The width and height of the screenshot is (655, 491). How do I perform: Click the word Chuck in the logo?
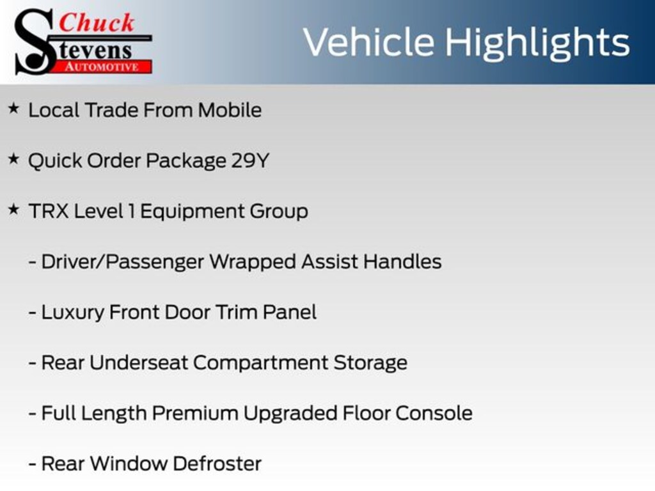[97, 23]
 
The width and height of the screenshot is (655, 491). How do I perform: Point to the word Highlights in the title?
[537, 43]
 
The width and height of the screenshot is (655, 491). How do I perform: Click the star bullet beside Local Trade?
[13, 109]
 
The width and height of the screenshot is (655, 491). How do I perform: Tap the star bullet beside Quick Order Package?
[13, 159]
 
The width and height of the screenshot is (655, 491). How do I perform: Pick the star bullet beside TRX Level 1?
[13, 210]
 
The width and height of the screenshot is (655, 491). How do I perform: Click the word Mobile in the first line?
[230, 110]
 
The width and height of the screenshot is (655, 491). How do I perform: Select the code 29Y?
[250, 160]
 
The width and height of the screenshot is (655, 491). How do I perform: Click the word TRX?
[49, 211]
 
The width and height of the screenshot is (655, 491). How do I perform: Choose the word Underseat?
[139, 362]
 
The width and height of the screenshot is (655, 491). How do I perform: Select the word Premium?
[195, 413]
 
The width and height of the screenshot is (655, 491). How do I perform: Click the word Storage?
[370, 363]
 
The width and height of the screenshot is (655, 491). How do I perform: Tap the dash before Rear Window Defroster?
[32, 464]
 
